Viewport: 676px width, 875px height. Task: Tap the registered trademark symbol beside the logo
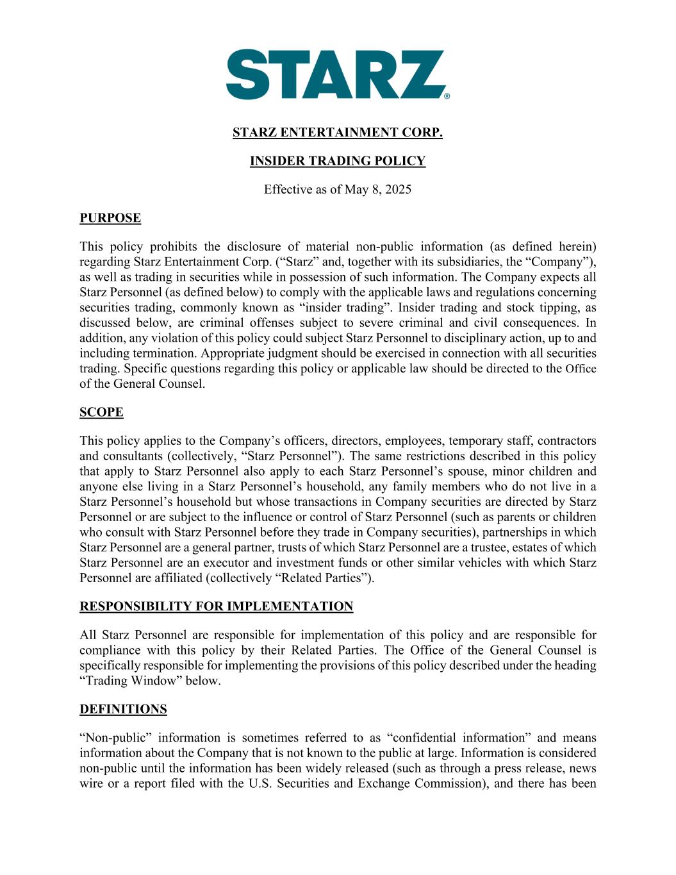coord(447,96)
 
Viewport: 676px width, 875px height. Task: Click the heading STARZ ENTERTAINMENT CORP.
coord(337,133)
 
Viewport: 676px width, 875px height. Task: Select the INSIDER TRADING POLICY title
coord(337,161)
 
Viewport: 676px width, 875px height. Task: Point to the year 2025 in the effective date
coord(397,189)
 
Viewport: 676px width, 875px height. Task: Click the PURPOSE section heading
coord(110,218)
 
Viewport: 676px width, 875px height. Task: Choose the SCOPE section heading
coord(101,412)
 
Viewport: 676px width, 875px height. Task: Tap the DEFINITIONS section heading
coord(123,709)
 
